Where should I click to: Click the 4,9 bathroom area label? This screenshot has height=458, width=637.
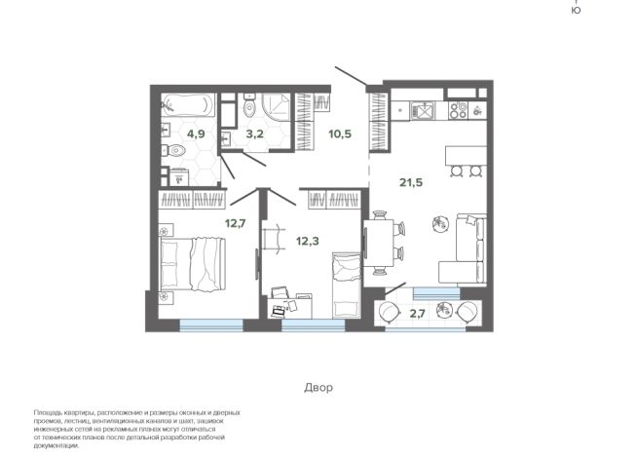tap(196, 134)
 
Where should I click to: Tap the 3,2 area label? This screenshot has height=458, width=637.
tap(255, 134)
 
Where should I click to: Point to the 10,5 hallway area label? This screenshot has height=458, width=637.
tap(340, 134)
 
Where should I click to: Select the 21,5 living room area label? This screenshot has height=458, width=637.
tap(411, 182)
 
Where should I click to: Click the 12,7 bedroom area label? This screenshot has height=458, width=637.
tap(236, 223)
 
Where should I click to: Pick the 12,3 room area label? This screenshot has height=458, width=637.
tap(308, 241)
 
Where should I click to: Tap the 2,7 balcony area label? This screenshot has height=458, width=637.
tap(417, 314)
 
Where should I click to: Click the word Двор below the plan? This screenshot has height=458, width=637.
tap(318, 387)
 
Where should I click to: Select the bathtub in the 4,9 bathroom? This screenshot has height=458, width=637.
tap(188, 105)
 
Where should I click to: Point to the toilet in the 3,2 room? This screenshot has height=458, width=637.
tap(249, 105)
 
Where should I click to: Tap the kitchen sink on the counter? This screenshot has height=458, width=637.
tap(422, 110)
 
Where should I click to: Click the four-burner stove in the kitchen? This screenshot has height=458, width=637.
tap(458, 110)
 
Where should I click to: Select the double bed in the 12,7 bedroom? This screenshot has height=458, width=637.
tap(193, 264)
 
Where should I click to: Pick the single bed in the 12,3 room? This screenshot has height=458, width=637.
tap(347, 285)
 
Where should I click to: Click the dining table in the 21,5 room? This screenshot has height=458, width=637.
tap(379, 243)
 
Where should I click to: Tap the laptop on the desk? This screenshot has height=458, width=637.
tap(279, 311)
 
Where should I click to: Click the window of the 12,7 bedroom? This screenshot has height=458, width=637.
tap(211, 325)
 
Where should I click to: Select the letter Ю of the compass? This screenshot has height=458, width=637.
tap(576, 11)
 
